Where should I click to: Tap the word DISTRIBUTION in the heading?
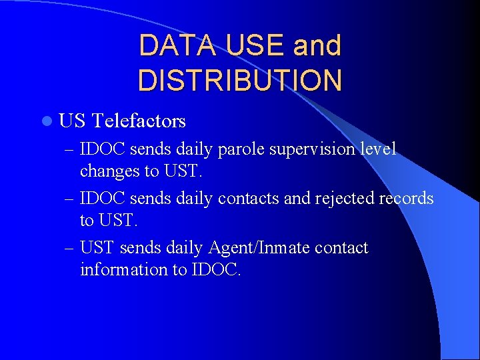[x=239, y=79]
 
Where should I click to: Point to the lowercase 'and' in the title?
[x=317, y=46]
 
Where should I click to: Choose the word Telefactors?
[x=139, y=121]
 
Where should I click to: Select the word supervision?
[x=312, y=149]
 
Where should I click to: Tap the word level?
[x=379, y=149]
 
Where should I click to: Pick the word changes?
[x=110, y=171]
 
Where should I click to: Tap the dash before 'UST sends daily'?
[x=69, y=249]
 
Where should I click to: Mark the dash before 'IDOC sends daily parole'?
[x=69, y=149]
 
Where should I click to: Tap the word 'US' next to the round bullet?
[x=72, y=121]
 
